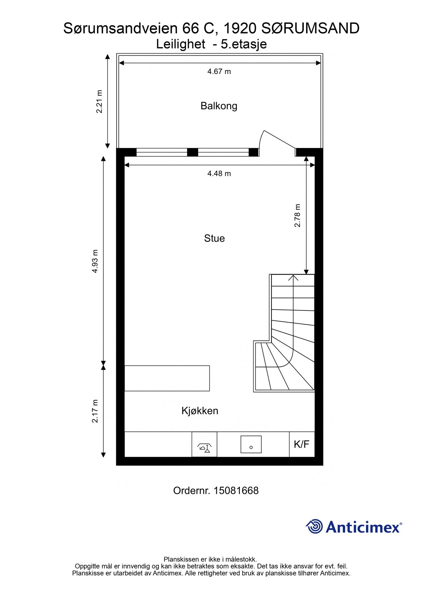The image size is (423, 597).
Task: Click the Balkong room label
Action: click(x=219, y=106)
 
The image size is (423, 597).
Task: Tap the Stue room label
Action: click(x=214, y=238)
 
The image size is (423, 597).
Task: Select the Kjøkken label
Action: click(x=200, y=411)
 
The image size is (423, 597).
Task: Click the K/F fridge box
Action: click(x=302, y=444)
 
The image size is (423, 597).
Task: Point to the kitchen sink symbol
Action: click(x=251, y=444)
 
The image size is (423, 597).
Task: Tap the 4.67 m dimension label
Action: click(x=219, y=71)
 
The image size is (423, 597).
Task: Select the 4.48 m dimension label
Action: click(x=219, y=173)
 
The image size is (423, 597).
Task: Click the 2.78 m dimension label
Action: click(x=297, y=216)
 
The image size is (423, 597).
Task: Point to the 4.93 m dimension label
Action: click(x=95, y=261)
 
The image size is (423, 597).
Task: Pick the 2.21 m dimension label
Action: click(x=99, y=101)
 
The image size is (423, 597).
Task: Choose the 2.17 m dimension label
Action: click(x=95, y=411)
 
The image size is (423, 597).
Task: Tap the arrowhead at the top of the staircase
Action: click(x=293, y=277)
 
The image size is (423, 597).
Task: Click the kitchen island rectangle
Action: click(x=167, y=378)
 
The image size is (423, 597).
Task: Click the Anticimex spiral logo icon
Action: click(x=314, y=526)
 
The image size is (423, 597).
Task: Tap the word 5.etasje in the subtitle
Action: click(x=244, y=44)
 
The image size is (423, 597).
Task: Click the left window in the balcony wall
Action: click(x=162, y=152)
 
